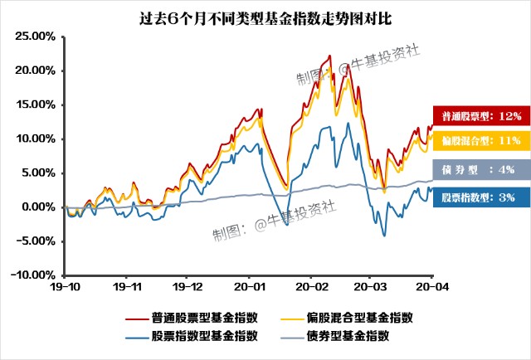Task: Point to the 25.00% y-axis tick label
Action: [x=37, y=36]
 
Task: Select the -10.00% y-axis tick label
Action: [x=36, y=275]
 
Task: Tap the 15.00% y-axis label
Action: [x=37, y=105]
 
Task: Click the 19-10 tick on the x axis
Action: [x=65, y=285]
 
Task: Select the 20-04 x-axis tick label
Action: [x=431, y=285]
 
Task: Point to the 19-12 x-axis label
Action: [x=187, y=285]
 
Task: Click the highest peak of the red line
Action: [x=330, y=56]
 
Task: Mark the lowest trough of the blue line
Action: [x=384, y=236]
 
